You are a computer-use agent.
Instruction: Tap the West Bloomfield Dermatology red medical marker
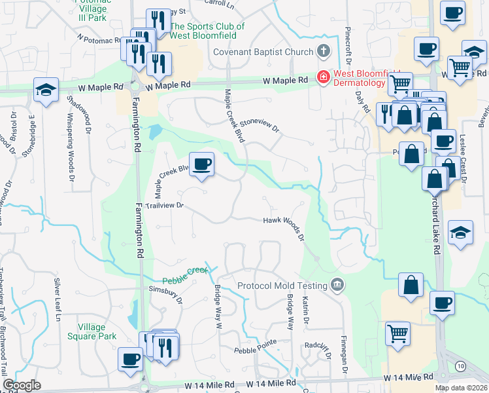pyautogui.click(x=322, y=77)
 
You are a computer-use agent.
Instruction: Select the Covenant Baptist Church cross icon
pyautogui.click(x=322, y=51)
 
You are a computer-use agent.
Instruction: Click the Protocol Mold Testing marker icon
pyautogui.click(x=337, y=284)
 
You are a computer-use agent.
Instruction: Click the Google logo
pyautogui.click(x=22, y=384)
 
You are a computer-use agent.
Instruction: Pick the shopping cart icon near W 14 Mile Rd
pyautogui.click(x=397, y=333)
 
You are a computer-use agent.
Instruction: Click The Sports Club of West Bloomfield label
pyautogui.click(x=207, y=31)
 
